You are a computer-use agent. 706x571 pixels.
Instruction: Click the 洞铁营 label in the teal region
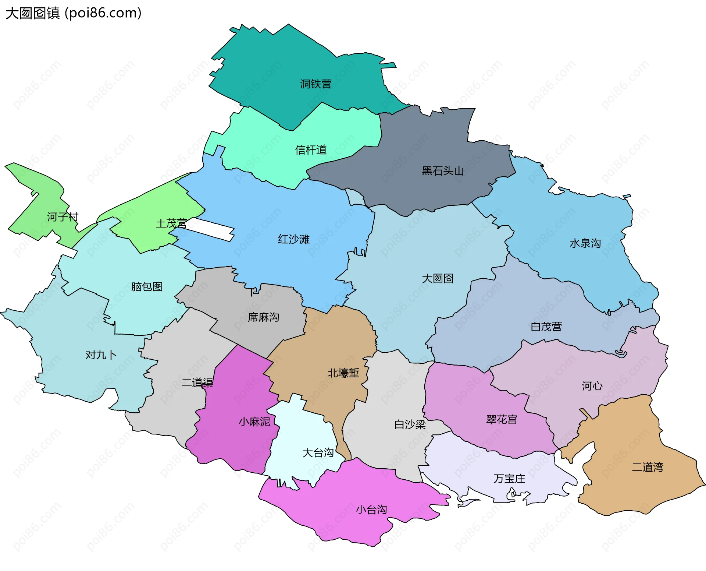315,84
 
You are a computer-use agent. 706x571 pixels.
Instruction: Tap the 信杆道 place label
311,150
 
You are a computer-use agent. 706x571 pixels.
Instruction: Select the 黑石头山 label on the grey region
442,171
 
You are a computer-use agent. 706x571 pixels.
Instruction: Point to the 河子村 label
63,217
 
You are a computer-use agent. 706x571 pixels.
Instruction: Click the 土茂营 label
171,223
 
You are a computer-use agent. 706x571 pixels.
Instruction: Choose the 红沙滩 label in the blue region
293,239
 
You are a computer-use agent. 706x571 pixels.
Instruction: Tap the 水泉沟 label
585,243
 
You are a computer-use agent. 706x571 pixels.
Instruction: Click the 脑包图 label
147,286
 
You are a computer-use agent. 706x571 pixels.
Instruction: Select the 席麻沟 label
263,317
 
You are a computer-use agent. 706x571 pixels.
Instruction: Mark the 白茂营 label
546,327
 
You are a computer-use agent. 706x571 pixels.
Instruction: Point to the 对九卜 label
101,355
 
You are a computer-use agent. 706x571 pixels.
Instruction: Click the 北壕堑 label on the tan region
343,373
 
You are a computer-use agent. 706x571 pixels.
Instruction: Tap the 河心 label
592,386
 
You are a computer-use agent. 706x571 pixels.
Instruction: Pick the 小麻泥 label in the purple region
254,422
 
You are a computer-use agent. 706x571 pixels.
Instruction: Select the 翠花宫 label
502,419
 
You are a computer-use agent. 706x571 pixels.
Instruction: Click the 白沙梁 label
410,424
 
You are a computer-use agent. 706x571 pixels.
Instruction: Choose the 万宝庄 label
509,479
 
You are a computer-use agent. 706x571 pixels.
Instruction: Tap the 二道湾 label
647,467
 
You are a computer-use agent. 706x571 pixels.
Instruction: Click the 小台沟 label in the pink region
371,510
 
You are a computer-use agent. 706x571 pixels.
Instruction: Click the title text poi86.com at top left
103,13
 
